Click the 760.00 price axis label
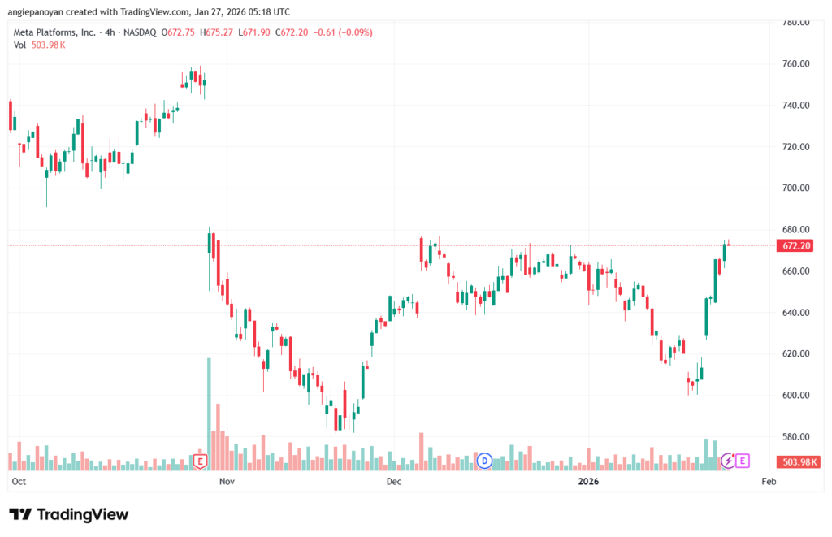tap(795, 64)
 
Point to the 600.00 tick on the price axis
tap(795, 396)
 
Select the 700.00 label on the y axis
tap(795, 188)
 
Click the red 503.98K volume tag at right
tap(799, 461)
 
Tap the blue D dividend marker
tap(485, 461)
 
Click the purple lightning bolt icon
tap(729, 461)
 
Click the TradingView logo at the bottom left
tap(69, 514)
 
